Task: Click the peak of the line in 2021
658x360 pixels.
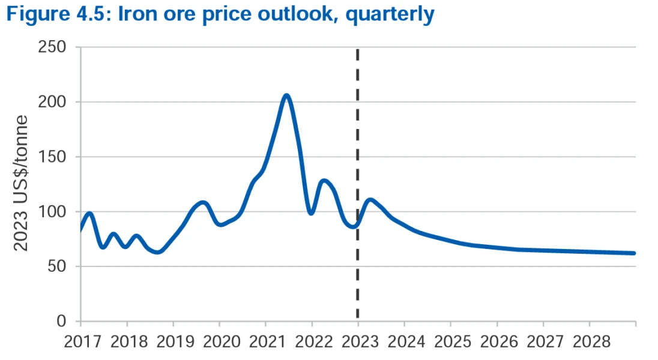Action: tap(286, 95)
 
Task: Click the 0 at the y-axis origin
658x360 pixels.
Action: tap(62, 322)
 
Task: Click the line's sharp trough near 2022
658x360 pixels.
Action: tap(311, 213)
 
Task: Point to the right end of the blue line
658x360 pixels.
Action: tap(633, 253)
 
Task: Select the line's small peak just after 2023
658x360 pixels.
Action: tap(370, 200)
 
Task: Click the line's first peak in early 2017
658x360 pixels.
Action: tap(89, 213)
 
